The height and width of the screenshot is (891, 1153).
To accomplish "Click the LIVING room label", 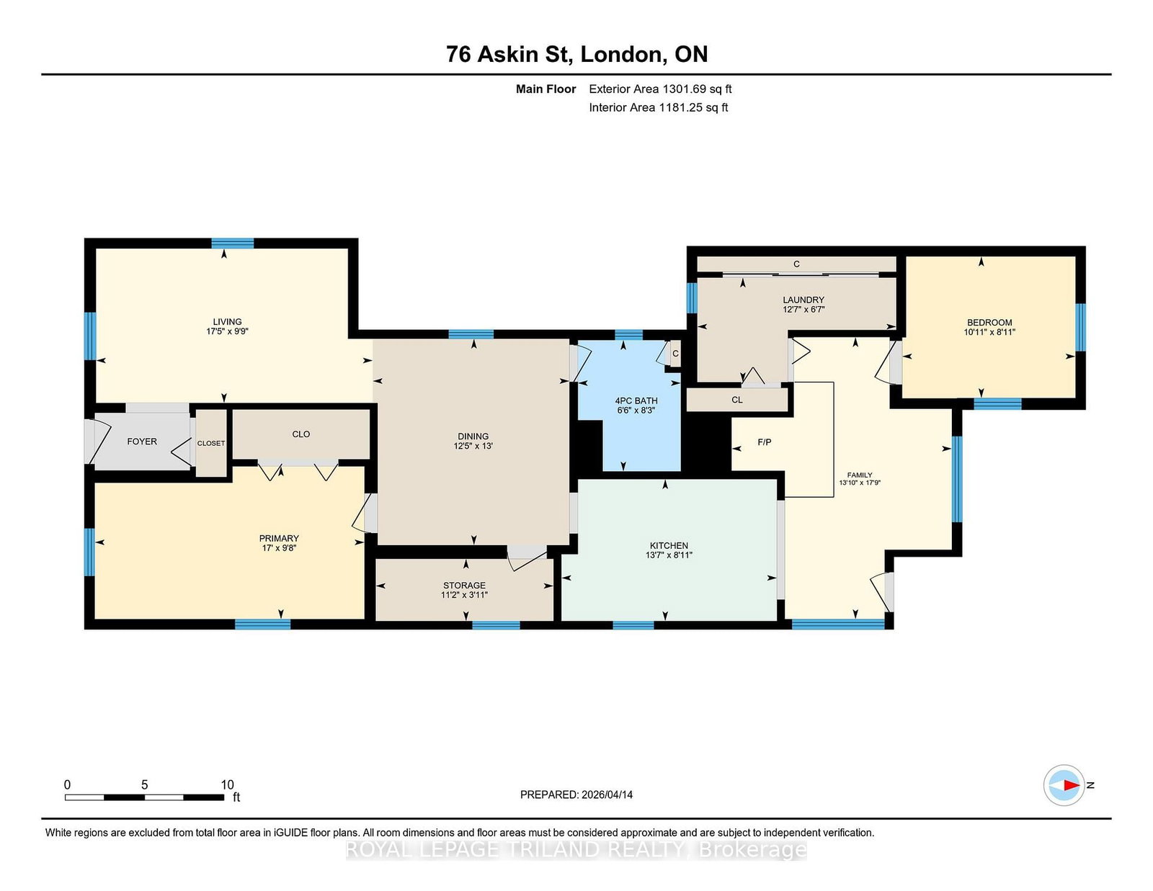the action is [227, 321].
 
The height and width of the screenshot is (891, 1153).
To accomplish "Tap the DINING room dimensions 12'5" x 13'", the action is [473, 446].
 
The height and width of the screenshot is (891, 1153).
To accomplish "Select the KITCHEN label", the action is [669, 545].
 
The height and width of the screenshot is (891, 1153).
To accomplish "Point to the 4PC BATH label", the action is [636, 400].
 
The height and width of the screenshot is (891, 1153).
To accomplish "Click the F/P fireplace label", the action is [764, 442].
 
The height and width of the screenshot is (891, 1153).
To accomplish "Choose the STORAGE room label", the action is [464, 585].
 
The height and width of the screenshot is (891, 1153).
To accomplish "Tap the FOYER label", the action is [142, 442].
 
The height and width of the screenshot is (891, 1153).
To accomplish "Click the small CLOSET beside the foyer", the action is [211, 444].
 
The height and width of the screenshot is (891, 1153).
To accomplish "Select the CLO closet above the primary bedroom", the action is [301, 434].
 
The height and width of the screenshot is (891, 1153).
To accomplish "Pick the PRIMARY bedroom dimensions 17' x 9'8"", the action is [279, 548].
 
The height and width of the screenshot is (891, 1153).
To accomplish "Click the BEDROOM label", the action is [989, 323].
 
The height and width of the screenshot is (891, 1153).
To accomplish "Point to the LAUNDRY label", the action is [803, 300].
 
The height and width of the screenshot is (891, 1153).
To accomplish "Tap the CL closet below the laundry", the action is [736, 399].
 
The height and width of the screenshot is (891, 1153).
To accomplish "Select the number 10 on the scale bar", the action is [227, 784].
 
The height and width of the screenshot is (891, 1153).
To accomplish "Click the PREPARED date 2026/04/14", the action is [607, 794].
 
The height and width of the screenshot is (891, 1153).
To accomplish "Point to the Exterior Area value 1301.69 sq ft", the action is [696, 89].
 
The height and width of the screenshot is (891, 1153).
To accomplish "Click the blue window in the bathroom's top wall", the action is [629, 334].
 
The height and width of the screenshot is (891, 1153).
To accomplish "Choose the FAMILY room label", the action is [860, 475].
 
